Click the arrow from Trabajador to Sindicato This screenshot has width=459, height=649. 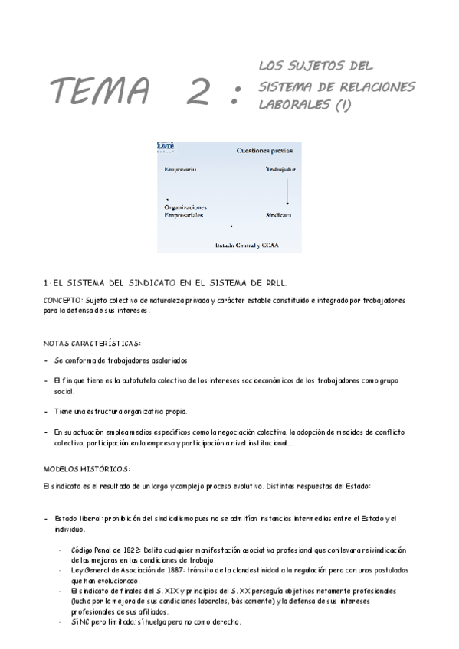(x=287, y=191)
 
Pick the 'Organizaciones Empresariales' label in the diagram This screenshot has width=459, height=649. (x=185, y=211)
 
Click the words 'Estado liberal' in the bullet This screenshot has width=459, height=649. (x=78, y=519)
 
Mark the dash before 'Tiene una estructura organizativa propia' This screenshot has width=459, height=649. (x=46, y=411)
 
